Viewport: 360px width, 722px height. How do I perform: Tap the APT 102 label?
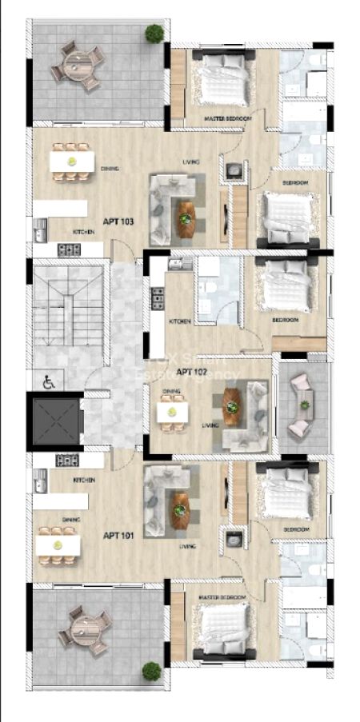pyautogui.click(x=192, y=372)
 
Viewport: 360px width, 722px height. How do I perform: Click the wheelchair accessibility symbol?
pyautogui.click(x=47, y=382)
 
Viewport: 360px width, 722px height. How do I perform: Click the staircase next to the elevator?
pyautogui.click(x=68, y=312)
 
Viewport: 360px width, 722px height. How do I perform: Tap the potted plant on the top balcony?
pyautogui.click(x=154, y=33)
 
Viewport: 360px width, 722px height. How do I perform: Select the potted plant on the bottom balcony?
pyautogui.click(x=150, y=670)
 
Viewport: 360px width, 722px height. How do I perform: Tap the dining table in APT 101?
pyautogui.click(x=58, y=544)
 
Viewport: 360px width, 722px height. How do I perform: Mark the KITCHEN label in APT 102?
pyautogui.click(x=179, y=321)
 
